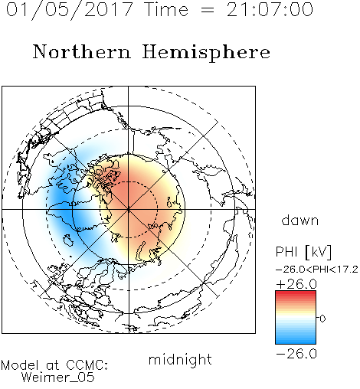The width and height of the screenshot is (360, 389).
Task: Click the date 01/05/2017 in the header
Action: click(x=70, y=10)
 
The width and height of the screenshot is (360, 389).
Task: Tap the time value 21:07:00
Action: click(x=270, y=9)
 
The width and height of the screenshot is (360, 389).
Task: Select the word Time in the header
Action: click(x=166, y=9)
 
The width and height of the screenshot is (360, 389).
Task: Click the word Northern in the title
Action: click(x=82, y=51)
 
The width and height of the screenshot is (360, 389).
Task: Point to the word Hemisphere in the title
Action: click(x=206, y=53)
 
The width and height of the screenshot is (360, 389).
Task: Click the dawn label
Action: click(x=300, y=220)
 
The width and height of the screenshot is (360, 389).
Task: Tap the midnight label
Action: click(x=180, y=359)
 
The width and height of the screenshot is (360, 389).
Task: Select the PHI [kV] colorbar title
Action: click(x=303, y=252)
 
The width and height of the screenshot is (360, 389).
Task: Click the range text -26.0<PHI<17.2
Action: click(x=317, y=270)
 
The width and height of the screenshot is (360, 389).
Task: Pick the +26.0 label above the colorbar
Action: click(x=296, y=284)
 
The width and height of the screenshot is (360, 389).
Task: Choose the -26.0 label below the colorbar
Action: click(x=296, y=354)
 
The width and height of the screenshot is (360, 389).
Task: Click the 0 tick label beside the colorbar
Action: click(x=322, y=319)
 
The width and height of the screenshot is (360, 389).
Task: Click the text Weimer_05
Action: click(x=58, y=378)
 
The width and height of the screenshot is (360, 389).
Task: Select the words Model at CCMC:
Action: click(x=54, y=365)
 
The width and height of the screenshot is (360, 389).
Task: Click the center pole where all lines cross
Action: click(x=129, y=209)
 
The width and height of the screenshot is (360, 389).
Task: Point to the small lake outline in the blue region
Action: click(x=67, y=240)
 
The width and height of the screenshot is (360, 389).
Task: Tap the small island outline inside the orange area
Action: click(x=170, y=202)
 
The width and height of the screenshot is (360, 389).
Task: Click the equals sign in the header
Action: click(x=207, y=10)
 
